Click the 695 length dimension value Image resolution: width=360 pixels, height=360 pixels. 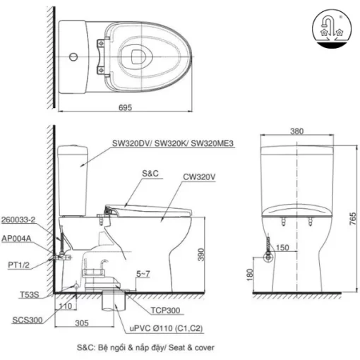(x=125, y=107)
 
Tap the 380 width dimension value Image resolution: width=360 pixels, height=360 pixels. (x=296, y=131)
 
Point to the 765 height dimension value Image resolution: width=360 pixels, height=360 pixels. (x=353, y=219)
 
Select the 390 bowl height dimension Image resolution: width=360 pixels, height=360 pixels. (x=201, y=255)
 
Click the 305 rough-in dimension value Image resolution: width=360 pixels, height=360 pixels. (x=82, y=323)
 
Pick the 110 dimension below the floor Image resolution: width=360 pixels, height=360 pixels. (x=66, y=306)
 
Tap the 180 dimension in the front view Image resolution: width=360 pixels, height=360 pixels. (x=250, y=275)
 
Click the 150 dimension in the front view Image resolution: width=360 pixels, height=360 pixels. (x=282, y=248)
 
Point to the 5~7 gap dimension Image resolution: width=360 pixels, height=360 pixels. (x=143, y=274)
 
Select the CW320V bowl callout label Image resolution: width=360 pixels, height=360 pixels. (x=199, y=177)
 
